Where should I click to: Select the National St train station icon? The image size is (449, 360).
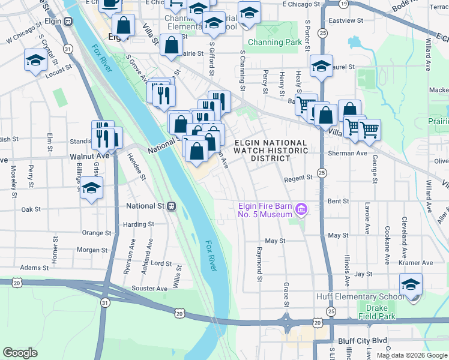click(172, 206)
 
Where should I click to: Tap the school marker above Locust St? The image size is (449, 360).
click(35, 61)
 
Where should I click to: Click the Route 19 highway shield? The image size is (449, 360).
click(343, 4)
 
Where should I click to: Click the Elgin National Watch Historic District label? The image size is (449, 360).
click(270, 151)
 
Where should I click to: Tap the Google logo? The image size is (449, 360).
click(20, 352)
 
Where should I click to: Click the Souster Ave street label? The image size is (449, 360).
click(149, 289)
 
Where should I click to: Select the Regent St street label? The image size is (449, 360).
click(298, 178)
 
